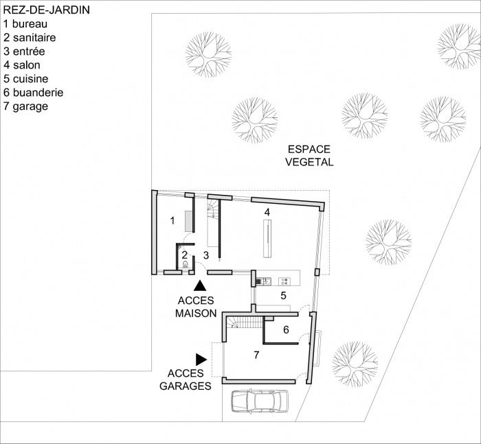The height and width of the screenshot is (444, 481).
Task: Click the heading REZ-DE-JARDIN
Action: click(x=45, y=12)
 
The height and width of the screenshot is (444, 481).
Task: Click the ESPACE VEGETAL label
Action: click(x=309, y=156)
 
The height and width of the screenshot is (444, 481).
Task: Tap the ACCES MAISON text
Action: click(x=196, y=307)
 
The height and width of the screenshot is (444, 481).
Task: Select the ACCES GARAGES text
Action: click(x=186, y=379)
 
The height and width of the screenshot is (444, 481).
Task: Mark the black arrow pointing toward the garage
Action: click(x=201, y=358)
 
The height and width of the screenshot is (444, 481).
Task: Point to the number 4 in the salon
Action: click(x=267, y=213)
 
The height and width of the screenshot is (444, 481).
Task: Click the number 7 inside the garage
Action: click(x=256, y=355)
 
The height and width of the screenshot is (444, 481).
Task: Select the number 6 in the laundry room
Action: click(x=286, y=329)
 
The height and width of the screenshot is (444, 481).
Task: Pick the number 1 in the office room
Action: click(x=172, y=220)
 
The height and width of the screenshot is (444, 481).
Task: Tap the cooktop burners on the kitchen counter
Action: click(x=284, y=280)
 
